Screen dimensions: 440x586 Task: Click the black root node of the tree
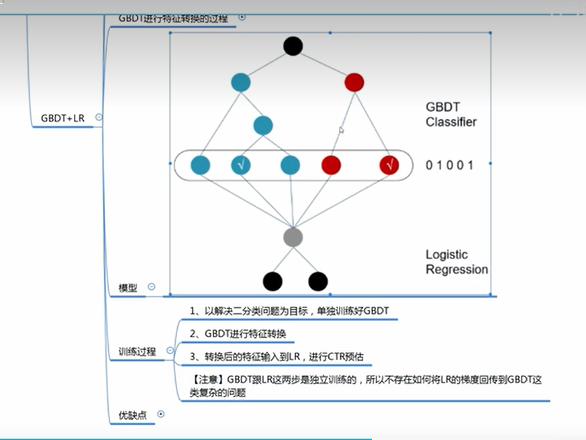pos(293,46)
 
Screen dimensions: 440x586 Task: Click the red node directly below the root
pos(354,82)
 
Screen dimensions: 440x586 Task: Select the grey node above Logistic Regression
pos(293,237)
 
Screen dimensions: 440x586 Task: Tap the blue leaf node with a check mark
pos(241,165)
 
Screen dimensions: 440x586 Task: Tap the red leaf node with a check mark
pos(389,165)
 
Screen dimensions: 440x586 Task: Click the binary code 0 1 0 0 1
pos(449,165)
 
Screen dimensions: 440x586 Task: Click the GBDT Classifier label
pos(450,114)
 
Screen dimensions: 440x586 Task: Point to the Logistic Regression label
pos(456,262)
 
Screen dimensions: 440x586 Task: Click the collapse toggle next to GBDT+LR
pos(99,117)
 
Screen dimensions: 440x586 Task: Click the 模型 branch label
pos(128,288)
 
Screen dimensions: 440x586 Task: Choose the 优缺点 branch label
pos(132,415)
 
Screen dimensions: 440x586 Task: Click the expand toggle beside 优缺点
pos(160,415)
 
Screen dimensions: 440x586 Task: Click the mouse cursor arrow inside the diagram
pos(341,130)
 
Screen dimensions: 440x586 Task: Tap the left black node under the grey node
pos(272,281)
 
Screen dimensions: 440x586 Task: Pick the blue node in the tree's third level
pos(263,125)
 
